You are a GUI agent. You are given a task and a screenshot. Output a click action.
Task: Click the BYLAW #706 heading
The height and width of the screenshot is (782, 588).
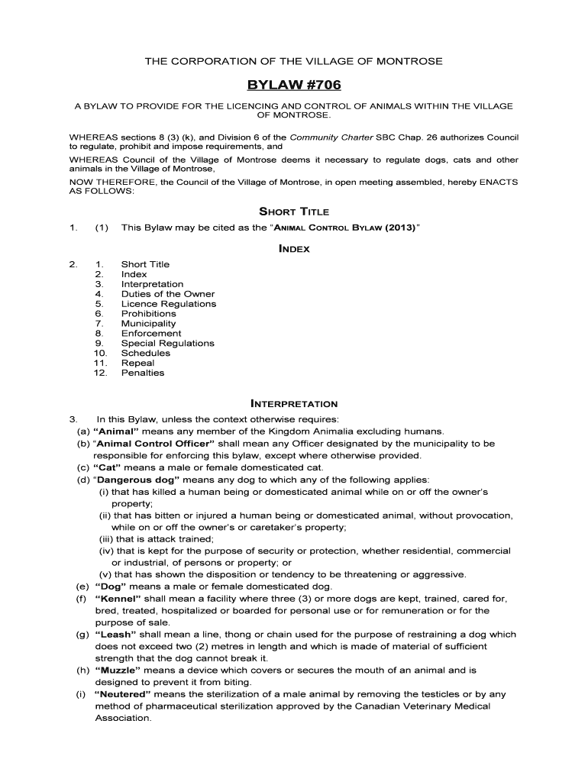pyautogui.click(x=294, y=84)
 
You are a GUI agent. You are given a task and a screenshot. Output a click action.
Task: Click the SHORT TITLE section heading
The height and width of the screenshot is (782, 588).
pyautogui.click(x=294, y=212)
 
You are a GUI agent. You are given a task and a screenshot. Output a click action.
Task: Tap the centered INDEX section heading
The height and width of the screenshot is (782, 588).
pyautogui.click(x=294, y=248)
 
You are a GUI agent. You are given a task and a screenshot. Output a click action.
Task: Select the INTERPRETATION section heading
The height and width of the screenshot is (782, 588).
pyautogui.click(x=294, y=403)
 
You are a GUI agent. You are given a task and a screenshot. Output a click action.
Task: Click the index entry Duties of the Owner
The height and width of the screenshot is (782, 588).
pyautogui.click(x=168, y=294)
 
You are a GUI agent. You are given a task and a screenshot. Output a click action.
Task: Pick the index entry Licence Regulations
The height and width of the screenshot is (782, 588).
pyautogui.click(x=169, y=304)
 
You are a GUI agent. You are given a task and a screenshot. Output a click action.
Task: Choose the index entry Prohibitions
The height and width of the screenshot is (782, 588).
pyautogui.click(x=148, y=314)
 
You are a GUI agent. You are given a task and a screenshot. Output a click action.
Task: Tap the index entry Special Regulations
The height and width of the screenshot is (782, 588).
pyautogui.click(x=168, y=344)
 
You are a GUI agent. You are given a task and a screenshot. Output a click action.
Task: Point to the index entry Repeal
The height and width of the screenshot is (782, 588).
pyautogui.click(x=137, y=364)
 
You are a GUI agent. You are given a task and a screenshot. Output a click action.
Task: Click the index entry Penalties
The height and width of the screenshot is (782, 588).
pyautogui.click(x=143, y=373)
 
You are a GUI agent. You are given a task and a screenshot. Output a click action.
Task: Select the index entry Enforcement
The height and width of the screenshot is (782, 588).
pyautogui.click(x=151, y=334)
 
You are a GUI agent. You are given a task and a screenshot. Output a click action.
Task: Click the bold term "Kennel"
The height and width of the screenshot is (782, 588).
pyautogui.click(x=116, y=599)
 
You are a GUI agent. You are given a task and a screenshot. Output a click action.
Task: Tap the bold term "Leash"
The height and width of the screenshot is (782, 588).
pyautogui.click(x=115, y=635)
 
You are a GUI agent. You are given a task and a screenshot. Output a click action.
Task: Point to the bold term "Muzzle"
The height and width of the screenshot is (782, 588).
pyautogui.click(x=117, y=671)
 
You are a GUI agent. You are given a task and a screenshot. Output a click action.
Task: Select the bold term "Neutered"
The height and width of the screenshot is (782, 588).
pyautogui.click(x=123, y=695)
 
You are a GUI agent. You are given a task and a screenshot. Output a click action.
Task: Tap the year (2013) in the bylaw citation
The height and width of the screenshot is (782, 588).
pyautogui.click(x=396, y=228)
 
